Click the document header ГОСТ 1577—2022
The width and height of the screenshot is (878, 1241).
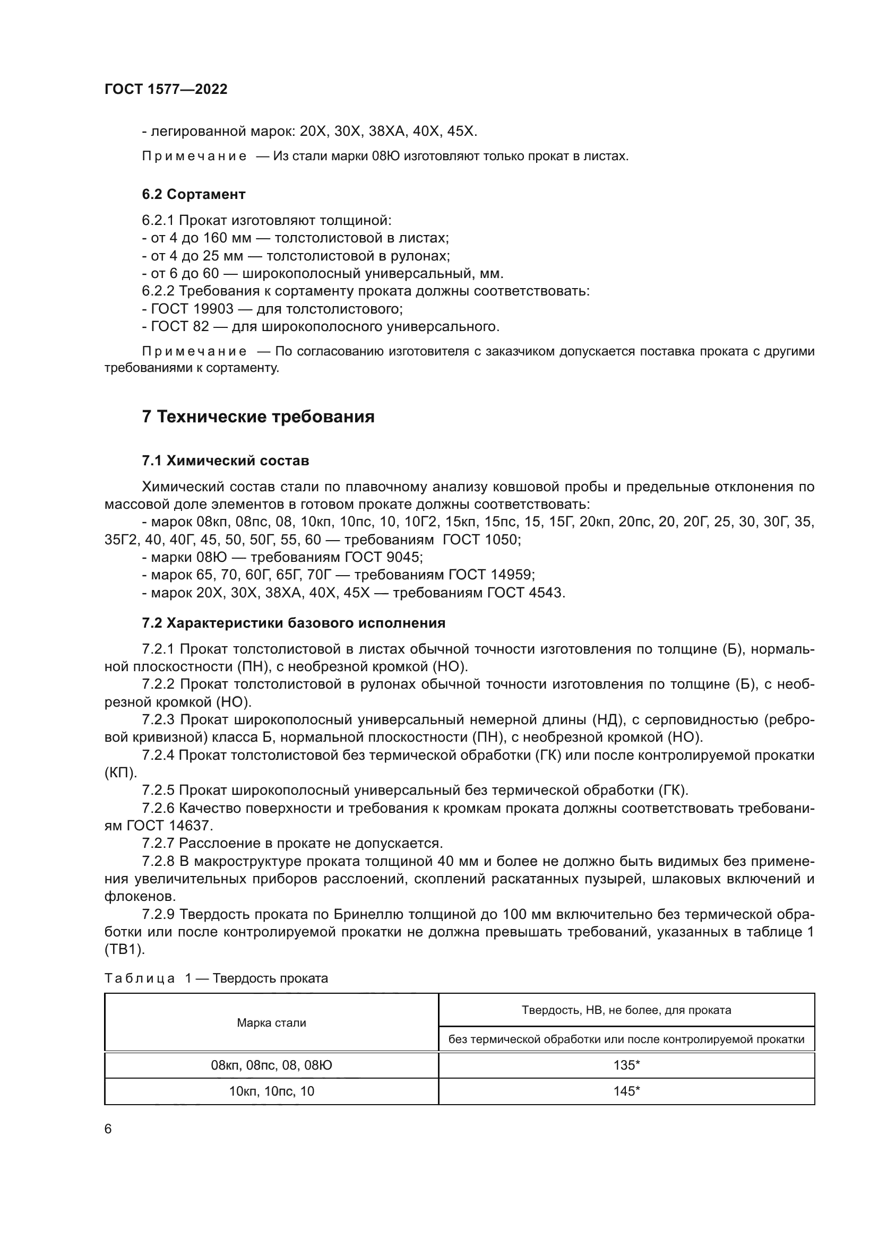(x=166, y=90)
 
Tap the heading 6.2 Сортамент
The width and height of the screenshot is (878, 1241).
(x=194, y=194)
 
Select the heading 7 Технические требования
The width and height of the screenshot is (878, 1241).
(x=258, y=416)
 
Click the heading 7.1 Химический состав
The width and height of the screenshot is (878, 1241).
(x=226, y=461)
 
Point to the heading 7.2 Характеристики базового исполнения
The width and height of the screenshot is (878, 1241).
(x=294, y=623)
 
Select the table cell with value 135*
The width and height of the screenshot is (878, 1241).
(x=626, y=1065)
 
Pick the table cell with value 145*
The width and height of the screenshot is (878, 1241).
(x=626, y=1091)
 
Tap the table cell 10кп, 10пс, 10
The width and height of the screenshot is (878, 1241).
(x=271, y=1091)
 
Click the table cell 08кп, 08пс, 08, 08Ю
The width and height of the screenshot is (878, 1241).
(x=271, y=1065)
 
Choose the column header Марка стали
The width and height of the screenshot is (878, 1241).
(x=271, y=1022)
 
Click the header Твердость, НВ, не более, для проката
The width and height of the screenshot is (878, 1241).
(x=626, y=1010)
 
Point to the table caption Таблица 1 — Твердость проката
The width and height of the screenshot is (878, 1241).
(x=216, y=978)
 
